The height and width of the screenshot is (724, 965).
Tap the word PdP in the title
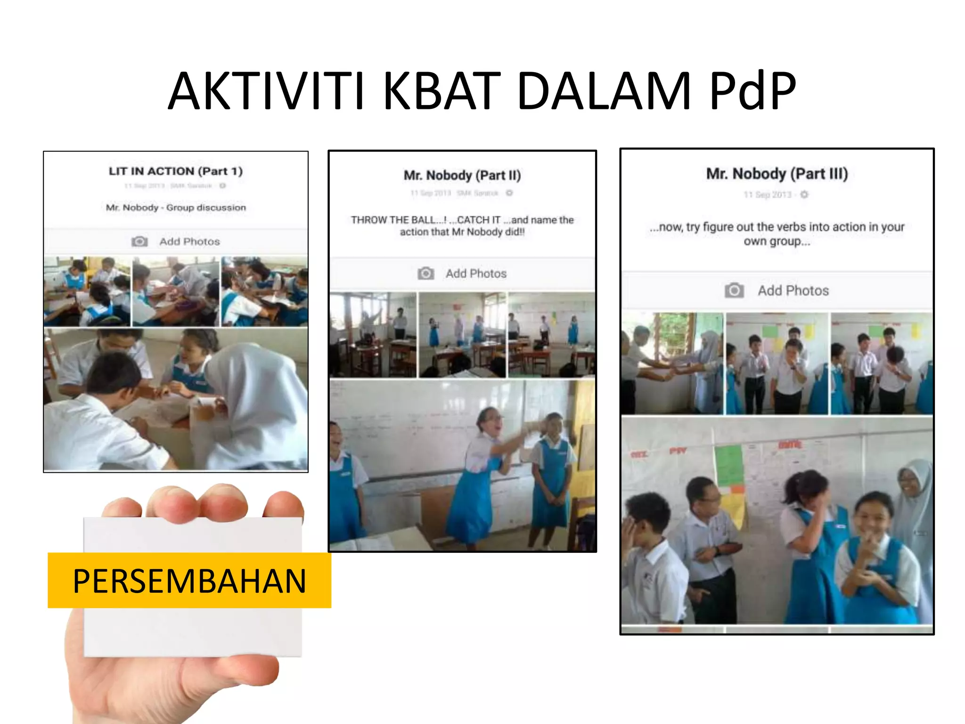(x=752, y=90)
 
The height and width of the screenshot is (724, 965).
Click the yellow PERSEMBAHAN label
(x=189, y=580)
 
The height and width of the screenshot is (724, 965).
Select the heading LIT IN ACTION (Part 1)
(x=176, y=171)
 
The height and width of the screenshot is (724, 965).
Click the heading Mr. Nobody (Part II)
(x=462, y=175)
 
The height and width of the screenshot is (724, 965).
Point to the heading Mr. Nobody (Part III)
(x=777, y=173)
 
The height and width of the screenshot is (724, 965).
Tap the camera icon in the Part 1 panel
(x=139, y=241)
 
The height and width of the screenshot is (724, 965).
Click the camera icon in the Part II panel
(x=426, y=273)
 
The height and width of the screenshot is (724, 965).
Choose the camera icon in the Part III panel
(x=734, y=290)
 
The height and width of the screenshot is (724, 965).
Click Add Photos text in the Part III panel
(x=793, y=290)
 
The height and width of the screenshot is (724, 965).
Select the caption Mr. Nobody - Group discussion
(x=176, y=207)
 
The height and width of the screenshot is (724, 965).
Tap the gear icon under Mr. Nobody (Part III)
(x=804, y=195)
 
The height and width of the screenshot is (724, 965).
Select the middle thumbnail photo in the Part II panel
(x=462, y=335)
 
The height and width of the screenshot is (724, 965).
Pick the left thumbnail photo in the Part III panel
(x=672, y=363)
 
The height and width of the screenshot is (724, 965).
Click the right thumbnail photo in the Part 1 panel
(x=264, y=291)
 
